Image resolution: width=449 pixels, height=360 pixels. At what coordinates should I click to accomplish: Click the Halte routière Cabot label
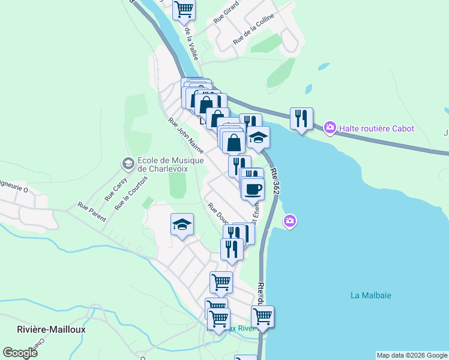tap(377, 128)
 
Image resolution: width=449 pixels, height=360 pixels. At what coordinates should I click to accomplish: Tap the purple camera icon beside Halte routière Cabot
tap(330, 128)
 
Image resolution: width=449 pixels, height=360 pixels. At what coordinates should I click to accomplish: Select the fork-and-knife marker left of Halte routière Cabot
tap(301, 118)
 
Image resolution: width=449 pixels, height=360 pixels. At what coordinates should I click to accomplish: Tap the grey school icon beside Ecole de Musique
tap(127, 163)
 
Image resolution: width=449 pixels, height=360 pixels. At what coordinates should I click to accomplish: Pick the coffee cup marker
tap(253, 188)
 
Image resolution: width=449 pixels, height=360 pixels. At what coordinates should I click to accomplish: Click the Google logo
tap(20, 352)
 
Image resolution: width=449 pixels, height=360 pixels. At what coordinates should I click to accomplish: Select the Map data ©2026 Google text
tap(412, 355)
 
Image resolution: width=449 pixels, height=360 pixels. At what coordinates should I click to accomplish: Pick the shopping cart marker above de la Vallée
tap(184, 8)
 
